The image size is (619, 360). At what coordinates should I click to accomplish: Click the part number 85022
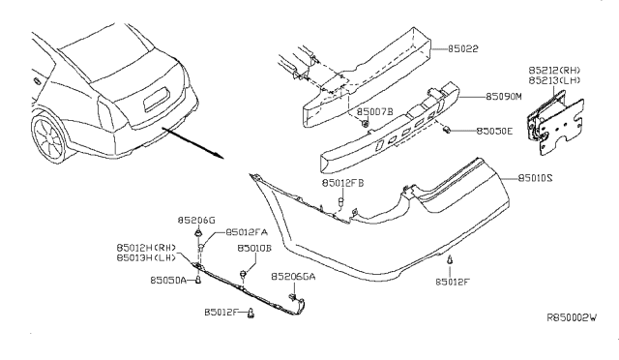(462, 49)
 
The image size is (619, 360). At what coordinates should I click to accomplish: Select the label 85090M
(503, 97)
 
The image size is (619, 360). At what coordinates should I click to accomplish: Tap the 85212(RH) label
(554, 71)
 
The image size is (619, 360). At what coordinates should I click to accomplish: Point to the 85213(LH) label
(554, 80)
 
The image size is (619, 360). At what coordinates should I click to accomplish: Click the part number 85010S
(535, 179)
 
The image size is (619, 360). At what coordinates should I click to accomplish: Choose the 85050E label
(494, 132)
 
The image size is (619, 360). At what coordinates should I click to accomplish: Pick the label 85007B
(375, 112)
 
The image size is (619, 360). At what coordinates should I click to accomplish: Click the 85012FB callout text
(342, 183)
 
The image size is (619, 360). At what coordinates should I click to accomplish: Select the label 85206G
(196, 221)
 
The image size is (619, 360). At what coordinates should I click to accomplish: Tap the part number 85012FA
(247, 232)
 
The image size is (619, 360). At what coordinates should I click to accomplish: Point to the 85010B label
(254, 248)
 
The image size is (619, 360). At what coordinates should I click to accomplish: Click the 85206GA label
(293, 277)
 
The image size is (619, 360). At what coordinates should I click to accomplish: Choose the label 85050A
(168, 281)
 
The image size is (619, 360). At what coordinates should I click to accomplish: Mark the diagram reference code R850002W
(572, 317)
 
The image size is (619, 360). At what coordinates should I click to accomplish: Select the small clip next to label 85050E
(447, 129)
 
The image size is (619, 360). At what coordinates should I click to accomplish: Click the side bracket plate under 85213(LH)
(561, 127)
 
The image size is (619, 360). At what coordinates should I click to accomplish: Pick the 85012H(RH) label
(146, 248)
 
